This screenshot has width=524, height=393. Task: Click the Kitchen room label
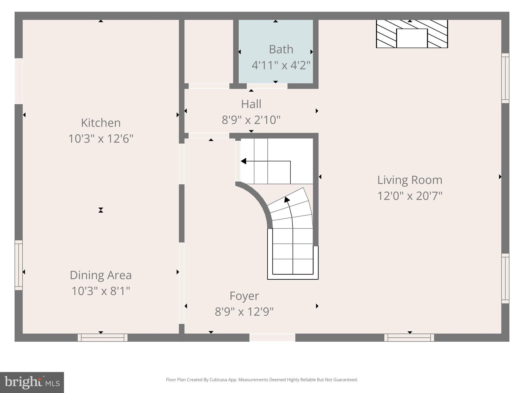[101, 123]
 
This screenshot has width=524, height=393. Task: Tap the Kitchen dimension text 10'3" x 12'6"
[101, 139]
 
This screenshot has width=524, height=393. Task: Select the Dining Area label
[101, 275]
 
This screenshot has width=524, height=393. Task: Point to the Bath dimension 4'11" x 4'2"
[281, 65]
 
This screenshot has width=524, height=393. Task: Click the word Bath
[281, 49]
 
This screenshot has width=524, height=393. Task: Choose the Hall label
[251, 104]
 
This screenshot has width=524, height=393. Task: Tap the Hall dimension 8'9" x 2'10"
[251, 120]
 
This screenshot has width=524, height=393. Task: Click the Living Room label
[410, 180]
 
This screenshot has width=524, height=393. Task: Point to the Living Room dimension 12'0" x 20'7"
[410, 196]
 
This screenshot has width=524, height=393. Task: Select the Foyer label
[244, 296]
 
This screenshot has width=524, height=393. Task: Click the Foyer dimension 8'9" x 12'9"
[244, 312]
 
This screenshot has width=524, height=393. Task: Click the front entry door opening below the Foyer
[272, 337]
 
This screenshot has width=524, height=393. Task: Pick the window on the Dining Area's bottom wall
[103, 337]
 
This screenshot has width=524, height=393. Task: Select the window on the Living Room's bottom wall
[409, 337]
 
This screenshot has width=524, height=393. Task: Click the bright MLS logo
[32, 382]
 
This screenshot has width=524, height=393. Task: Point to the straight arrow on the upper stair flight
[266, 161]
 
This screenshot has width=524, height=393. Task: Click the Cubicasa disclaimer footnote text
[262, 380]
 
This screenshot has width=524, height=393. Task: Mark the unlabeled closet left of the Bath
[209, 51]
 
